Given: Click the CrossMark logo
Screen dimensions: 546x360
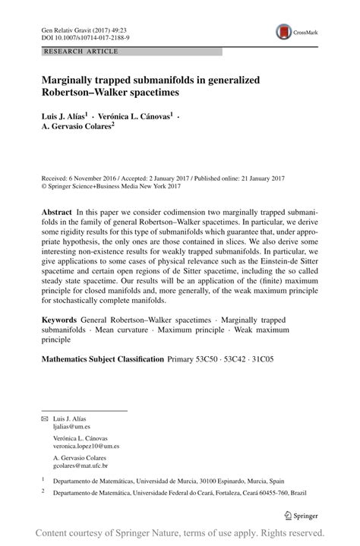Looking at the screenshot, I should tap(294, 31).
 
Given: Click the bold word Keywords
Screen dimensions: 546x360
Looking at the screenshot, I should tap(61, 321).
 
